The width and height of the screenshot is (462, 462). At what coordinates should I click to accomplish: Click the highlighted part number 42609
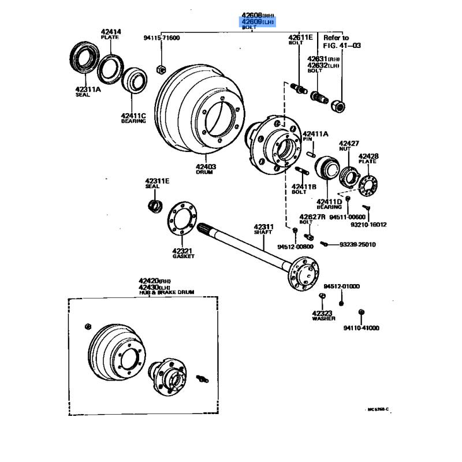(252, 21)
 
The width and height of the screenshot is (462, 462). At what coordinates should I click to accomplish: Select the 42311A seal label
(87, 89)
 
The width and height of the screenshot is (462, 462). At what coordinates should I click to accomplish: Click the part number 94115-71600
(162, 38)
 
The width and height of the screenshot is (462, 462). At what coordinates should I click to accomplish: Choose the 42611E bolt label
(300, 38)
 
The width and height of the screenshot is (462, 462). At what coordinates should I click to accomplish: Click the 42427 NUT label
(349, 143)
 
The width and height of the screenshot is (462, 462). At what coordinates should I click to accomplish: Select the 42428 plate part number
(368, 156)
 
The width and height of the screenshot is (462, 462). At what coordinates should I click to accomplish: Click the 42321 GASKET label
(182, 251)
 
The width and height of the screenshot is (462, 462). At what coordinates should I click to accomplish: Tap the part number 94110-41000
(361, 328)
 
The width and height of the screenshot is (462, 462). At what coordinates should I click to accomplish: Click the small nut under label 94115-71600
(162, 70)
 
